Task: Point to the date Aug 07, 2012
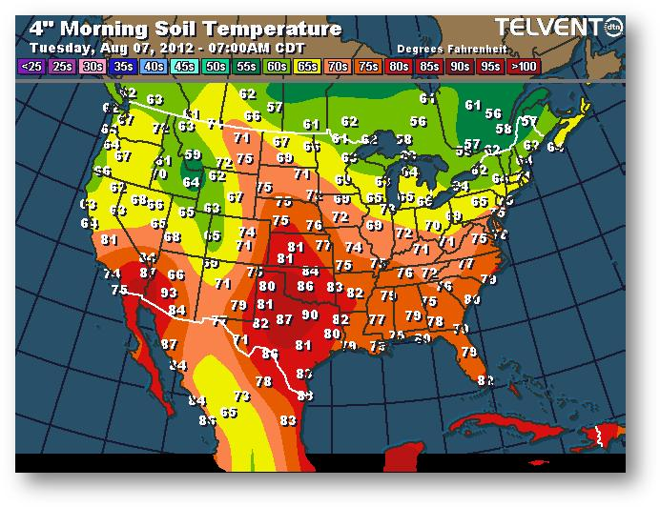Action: [x=138, y=47]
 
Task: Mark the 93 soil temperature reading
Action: [x=169, y=293]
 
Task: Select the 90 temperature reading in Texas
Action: [x=310, y=315]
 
